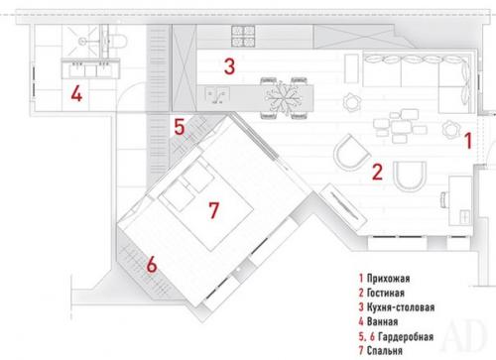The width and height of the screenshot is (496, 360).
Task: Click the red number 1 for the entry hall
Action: click(469, 139)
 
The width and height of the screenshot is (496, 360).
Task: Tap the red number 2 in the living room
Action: click(377, 171)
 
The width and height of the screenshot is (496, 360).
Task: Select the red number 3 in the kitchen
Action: click(228, 67)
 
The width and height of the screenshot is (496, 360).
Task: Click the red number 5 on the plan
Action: click(179, 127)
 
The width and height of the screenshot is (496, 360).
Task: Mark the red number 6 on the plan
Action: click(151, 265)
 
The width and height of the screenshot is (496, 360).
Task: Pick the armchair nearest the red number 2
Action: click(350, 155)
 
